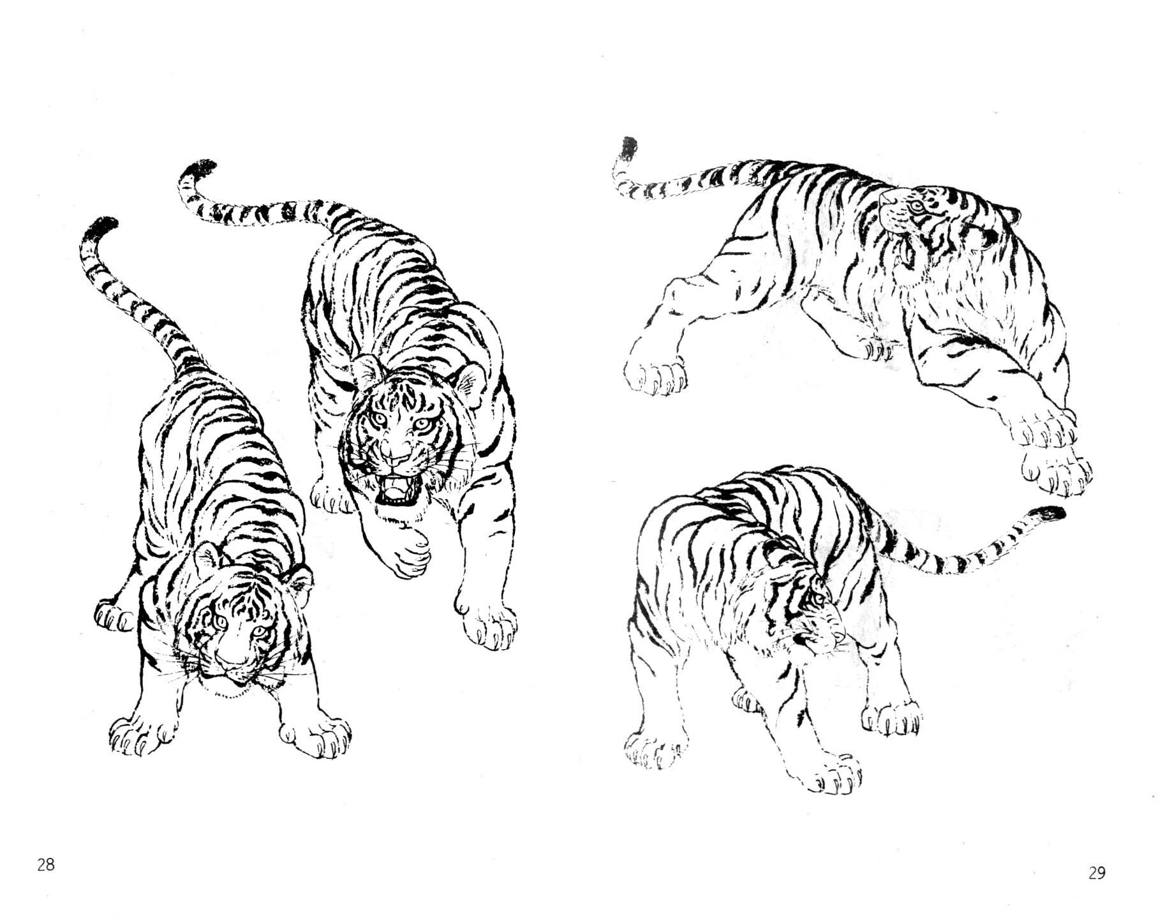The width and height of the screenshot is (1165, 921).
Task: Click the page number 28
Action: tap(45, 865)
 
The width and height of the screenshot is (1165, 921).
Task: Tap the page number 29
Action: tap(1096, 872)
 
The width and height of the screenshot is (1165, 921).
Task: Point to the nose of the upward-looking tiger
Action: tap(887, 200)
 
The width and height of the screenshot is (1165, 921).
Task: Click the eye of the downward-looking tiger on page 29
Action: tap(817, 599)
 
